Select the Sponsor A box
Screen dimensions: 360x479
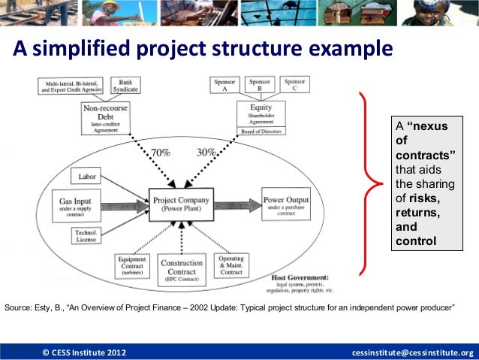[x=224, y=86]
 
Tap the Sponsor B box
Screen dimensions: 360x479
[x=260, y=86]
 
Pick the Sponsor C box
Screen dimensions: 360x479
[x=295, y=86]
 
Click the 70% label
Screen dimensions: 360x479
[x=160, y=153]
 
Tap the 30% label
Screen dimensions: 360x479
[x=206, y=153]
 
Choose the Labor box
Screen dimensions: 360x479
[x=86, y=177]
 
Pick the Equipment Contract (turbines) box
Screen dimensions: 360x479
[x=132, y=266]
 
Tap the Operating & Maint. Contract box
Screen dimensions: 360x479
[x=231, y=265]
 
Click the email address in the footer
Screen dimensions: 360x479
[x=413, y=352]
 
